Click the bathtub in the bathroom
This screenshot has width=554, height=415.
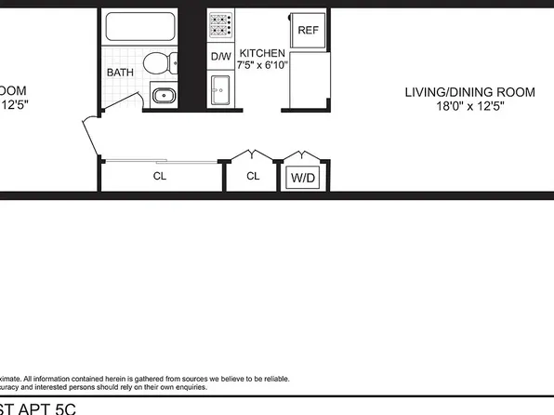pos(140,27)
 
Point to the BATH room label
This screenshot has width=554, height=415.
pos(120,72)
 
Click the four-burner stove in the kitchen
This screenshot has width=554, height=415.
pos(221,28)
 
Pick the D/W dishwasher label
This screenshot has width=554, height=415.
pos(220,57)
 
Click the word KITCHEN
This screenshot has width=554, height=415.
pos(263,53)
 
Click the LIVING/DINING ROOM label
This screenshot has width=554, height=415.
pos(469,91)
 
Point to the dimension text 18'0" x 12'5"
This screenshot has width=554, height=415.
pos(469,106)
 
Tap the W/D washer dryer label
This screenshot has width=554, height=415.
pos(303,177)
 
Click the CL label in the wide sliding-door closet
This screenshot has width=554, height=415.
pos(160,175)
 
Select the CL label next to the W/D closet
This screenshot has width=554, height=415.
pos(253,175)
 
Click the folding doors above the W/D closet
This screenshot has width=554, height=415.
pos(302,155)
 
